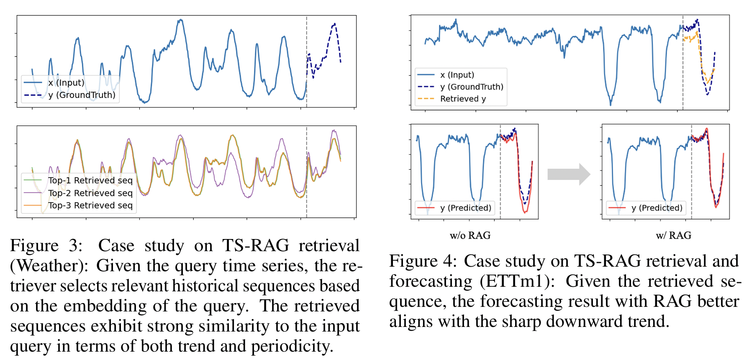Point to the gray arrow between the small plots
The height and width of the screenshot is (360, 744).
coord(569,174)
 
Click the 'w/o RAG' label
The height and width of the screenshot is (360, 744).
coord(470,236)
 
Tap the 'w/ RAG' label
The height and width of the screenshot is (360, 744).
coord(673,236)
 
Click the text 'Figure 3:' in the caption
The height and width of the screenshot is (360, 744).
coord(46,246)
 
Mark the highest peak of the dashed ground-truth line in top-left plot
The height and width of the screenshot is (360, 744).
coord(334,24)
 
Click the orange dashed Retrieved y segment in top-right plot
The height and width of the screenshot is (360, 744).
coord(690,39)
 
